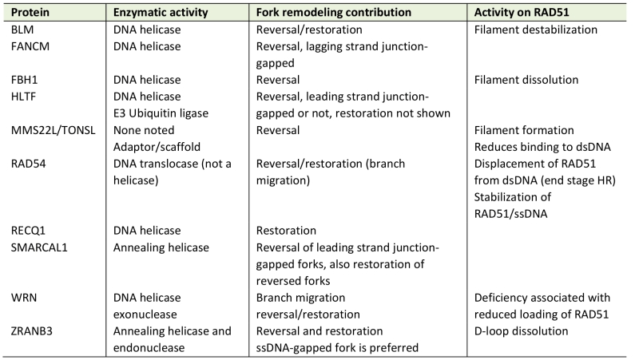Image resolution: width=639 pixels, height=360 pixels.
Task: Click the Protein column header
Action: pyautogui.click(x=30, y=12)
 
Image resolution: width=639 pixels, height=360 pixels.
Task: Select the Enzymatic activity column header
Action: pyautogui.click(x=161, y=13)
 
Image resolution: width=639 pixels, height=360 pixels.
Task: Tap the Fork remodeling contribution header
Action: pyautogui.click(x=334, y=13)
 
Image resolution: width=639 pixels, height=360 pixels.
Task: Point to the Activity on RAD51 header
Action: pyautogui.click(x=522, y=12)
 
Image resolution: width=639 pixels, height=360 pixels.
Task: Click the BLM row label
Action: pyautogui.click(x=22, y=30)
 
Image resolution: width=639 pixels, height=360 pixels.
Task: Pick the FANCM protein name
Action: pyautogui.click(x=30, y=46)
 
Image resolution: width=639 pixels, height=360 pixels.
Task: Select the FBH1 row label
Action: pyautogui.click(x=24, y=80)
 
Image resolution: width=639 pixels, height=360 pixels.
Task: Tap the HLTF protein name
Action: pyautogui.click(x=23, y=97)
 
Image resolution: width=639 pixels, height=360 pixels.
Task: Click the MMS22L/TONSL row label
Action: pyautogui.click(x=53, y=130)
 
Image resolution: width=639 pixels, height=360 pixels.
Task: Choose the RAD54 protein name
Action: pyautogui.click(x=28, y=164)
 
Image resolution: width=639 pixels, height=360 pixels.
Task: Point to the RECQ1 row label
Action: pyautogui.click(x=28, y=231)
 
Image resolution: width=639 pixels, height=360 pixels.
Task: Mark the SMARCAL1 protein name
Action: pyautogui.click(x=39, y=247)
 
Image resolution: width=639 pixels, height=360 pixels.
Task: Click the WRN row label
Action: pyautogui.click(x=24, y=298)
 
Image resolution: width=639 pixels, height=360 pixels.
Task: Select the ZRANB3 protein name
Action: pyautogui.click(x=32, y=331)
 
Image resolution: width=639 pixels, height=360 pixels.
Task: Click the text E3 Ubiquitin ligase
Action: pyautogui.click(x=161, y=113)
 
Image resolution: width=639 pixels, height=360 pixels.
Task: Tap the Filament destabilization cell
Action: pyautogui.click(x=535, y=30)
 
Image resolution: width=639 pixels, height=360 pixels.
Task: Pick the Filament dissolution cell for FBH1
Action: pyautogui.click(x=526, y=80)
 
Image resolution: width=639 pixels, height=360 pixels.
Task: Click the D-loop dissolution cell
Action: pyautogui.click(x=521, y=331)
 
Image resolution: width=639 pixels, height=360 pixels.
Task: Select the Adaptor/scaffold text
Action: pyautogui.click(x=157, y=147)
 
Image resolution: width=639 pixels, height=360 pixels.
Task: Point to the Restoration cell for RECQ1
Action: pyautogui.click(x=286, y=231)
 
